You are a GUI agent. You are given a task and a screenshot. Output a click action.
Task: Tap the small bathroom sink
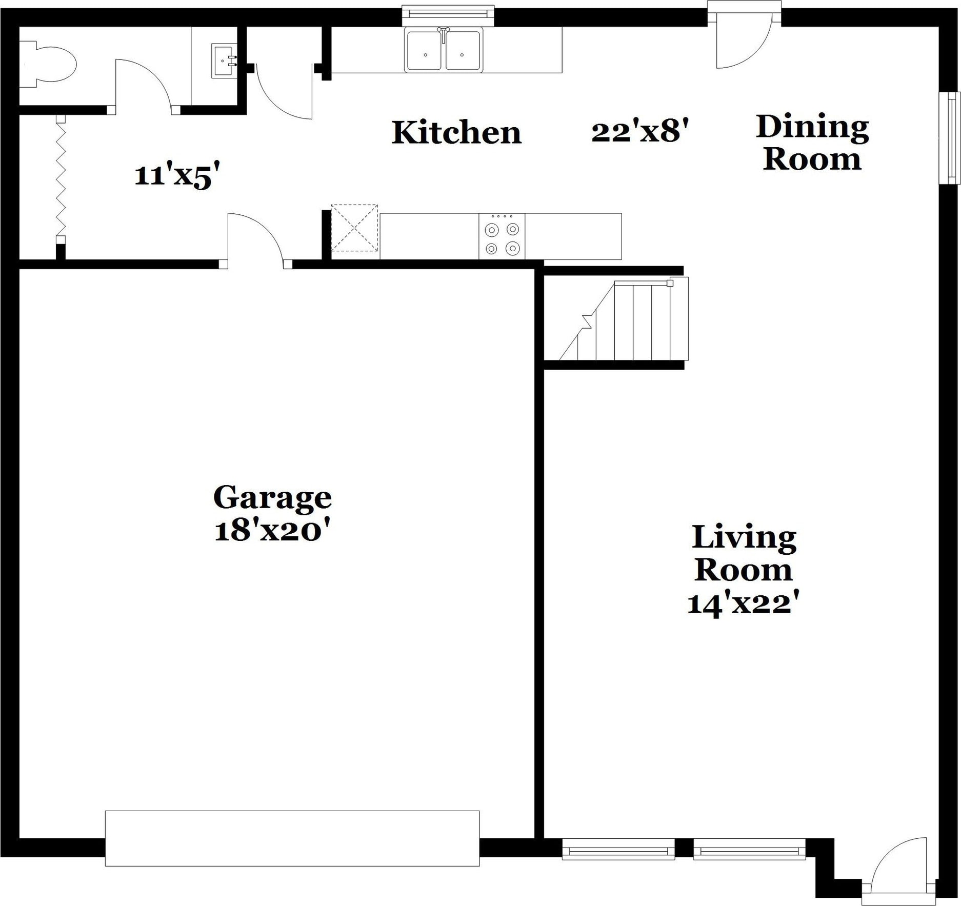[x=225, y=61]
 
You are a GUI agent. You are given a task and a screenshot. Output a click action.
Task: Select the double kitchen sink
[x=444, y=49]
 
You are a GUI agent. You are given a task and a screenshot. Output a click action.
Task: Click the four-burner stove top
[x=502, y=236]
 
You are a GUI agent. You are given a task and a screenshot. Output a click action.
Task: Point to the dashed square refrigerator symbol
[x=354, y=228]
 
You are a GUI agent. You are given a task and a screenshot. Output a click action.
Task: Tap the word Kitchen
[x=456, y=132]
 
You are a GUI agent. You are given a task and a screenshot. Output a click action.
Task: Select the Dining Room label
[x=812, y=143]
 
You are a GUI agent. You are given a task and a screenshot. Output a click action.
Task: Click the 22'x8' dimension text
[x=639, y=131]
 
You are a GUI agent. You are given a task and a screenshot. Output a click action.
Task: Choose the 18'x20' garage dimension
[x=271, y=531]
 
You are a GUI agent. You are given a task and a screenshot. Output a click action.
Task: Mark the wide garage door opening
[x=292, y=838]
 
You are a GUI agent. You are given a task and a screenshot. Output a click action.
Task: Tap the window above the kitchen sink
[x=448, y=15]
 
